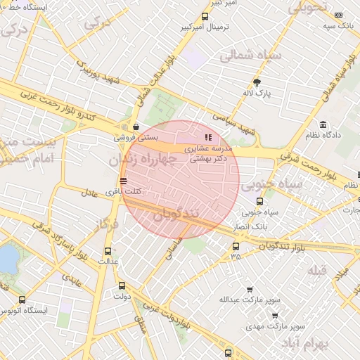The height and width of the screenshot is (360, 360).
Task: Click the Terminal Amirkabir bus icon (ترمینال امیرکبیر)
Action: (205, 16)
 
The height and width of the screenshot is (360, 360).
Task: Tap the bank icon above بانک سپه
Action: (339, 15)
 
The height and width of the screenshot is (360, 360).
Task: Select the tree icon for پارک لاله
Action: (257, 82)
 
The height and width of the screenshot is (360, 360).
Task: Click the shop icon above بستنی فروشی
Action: (136, 127)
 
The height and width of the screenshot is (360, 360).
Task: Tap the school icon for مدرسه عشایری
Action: (207, 137)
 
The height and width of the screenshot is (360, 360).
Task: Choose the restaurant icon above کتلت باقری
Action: (124, 181)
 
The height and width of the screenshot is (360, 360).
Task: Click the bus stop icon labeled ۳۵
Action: (236, 246)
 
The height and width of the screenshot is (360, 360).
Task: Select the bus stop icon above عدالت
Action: (108, 251)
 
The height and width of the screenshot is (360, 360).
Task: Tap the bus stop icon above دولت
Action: (122, 285)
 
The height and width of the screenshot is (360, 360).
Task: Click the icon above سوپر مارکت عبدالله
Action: (250, 289)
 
